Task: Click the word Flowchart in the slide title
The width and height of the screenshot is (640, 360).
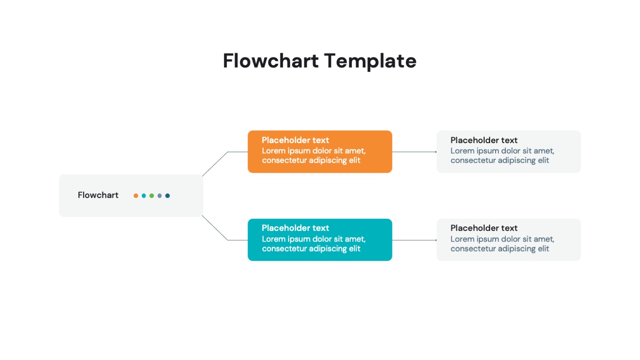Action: (x=270, y=61)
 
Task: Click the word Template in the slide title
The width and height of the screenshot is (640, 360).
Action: (x=370, y=61)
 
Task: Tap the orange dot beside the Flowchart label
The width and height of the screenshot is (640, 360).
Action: (x=136, y=196)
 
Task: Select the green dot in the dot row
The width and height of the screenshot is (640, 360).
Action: (x=152, y=196)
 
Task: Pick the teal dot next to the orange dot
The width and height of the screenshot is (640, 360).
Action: (x=144, y=196)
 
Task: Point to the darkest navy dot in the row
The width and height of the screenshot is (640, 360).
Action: (x=167, y=196)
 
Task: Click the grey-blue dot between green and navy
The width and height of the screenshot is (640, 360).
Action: (x=159, y=196)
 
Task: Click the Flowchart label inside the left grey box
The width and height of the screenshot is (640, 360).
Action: (x=98, y=195)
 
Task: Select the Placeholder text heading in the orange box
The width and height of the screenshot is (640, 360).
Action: (x=295, y=140)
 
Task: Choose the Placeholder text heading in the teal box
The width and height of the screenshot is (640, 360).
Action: (x=295, y=228)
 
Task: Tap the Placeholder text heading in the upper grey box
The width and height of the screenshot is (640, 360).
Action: (x=484, y=140)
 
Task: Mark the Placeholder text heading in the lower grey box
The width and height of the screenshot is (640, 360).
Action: (x=484, y=228)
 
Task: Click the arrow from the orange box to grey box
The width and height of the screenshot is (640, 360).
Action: (x=414, y=152)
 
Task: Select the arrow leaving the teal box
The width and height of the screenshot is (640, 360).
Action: (x=414, y=240)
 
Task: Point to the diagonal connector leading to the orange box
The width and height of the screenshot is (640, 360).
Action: (x=215, y=164)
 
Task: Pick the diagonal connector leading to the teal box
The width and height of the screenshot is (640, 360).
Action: (x=215, y=228)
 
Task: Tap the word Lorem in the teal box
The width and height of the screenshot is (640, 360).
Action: (x=273, y=239)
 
